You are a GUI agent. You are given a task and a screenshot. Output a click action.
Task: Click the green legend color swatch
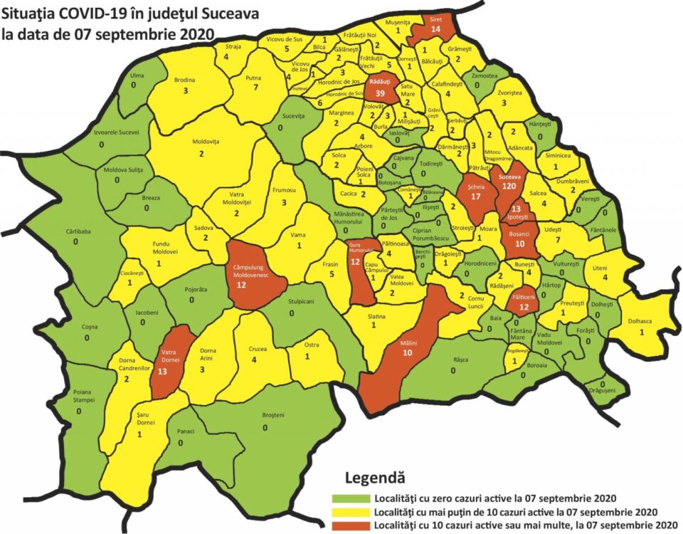(x=351, y=498)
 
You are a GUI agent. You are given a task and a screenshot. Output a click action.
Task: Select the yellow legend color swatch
(x=351, y=512)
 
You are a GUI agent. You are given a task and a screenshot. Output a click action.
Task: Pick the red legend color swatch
(x=351, y=525)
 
